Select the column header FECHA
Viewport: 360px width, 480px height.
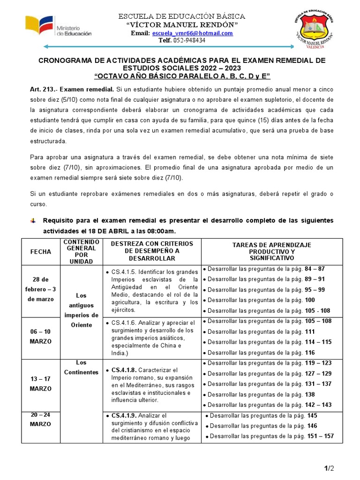click(41, 252)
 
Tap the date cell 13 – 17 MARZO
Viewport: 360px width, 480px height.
click(41, 383)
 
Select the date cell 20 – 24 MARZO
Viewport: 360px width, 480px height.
click(41, 420)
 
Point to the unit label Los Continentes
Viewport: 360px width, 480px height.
click(81, 367)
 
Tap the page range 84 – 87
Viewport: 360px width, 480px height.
click(315, 269)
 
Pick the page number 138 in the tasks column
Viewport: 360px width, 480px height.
click(310, 395)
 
